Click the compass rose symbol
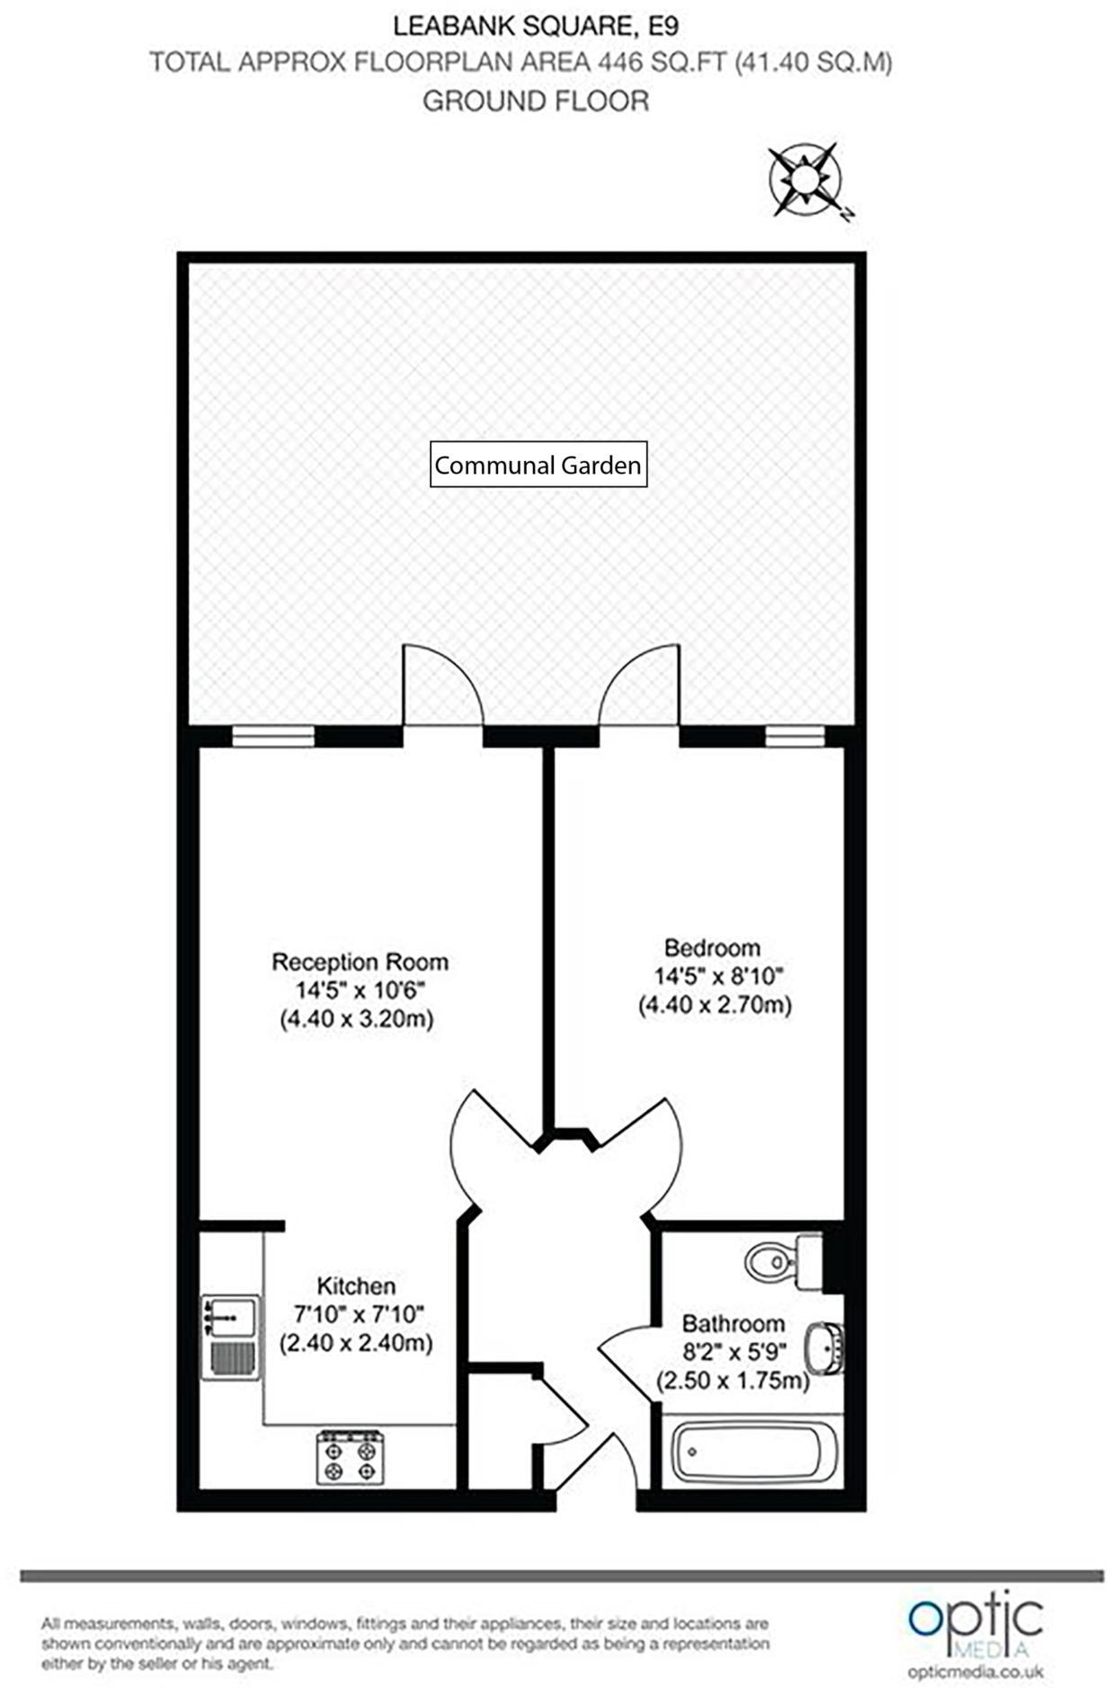[x=805, y=179]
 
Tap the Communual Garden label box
[x=538, y=465]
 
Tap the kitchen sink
[x=231, y=1338]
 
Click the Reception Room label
[x=360, y=962]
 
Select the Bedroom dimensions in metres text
[x=715, y=1005]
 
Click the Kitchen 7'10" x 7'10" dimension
[x=358, y=1314]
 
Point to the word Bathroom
[x=733, y=1323]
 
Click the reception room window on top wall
[x=273, y=737]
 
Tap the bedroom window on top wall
[x=795, y=737]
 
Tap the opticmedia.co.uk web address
[x=975, y=1672]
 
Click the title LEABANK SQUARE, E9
[x=536, y=26]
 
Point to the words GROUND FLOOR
[x=536, y=101]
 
